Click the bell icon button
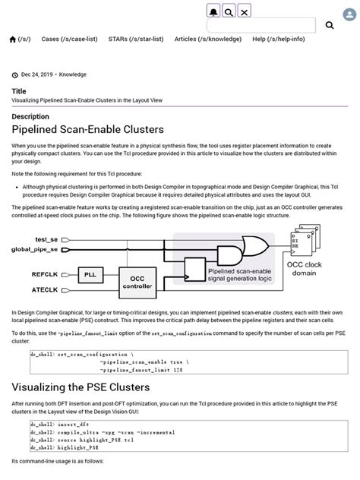[x=213, y=11]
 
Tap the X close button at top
[x=244, y=11]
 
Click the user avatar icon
[x=229, y=11]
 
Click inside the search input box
[x=261, y=25]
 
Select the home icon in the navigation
[x=12, y=39]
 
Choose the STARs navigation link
[x=135, y=39]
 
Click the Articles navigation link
[x=204, y=39]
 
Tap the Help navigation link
[x=278, y=39]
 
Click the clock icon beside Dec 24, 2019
[x=14, y=74]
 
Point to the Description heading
[x=30, y=117]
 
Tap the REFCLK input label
[x=44, y=273]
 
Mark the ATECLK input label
[x=45, y=289]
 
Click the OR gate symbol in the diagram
[x=253, y=245]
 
